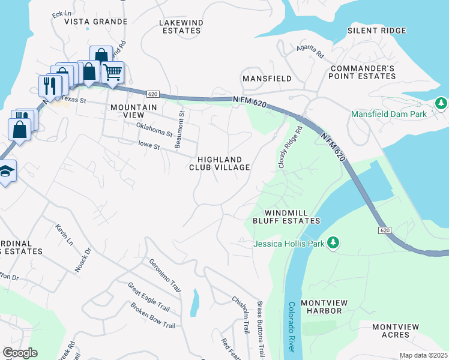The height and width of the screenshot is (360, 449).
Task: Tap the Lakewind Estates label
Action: [x=180, y=26]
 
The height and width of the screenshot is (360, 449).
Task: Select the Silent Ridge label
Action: [x=376, y=30]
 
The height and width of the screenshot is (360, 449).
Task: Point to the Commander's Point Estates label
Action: [x=363, y=72]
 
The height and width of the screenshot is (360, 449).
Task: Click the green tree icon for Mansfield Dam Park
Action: [x=442, y=103]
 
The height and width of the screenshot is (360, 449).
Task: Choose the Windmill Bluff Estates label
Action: [x=291, y=217]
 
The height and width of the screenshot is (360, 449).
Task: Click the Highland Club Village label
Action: [x=220, y=163]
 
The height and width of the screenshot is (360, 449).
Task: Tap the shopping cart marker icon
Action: [x=112, y=72]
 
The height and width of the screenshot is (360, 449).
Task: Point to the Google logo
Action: [x=20, y=352]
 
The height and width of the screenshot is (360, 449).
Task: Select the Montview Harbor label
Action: [x=321, y=307]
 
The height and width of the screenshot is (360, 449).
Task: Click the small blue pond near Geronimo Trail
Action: [x=194, y=302]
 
